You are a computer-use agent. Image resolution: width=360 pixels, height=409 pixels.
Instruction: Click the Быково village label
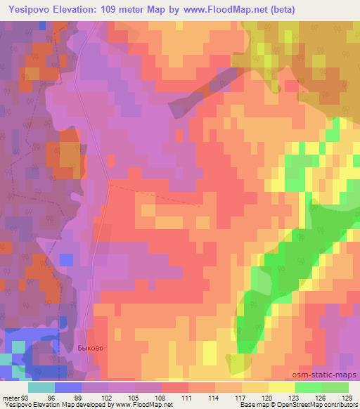[x=89, y=347]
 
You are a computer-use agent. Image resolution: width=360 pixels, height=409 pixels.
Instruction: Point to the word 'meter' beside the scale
[x=11, y=397]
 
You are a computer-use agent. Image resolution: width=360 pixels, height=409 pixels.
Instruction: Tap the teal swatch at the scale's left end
[x=41, y=387]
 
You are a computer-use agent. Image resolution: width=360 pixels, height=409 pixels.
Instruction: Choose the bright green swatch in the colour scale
[x=309, y=387]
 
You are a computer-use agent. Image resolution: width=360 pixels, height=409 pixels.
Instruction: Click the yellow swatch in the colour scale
[x=282, y=387]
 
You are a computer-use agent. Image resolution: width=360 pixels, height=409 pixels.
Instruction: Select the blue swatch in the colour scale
[x=68, y=387]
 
